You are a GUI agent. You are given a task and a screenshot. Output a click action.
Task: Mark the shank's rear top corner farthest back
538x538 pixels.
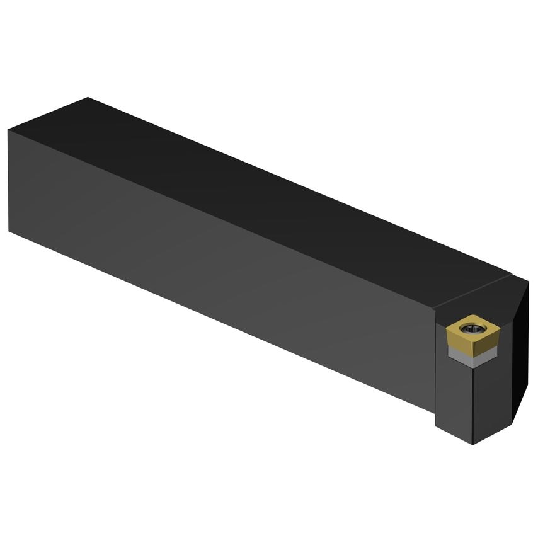tap(88, 98)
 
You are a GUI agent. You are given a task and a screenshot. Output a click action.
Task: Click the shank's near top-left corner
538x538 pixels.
tap(9, 130)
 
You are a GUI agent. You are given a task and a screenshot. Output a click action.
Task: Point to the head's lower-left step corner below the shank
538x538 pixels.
tap(436, 412)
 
